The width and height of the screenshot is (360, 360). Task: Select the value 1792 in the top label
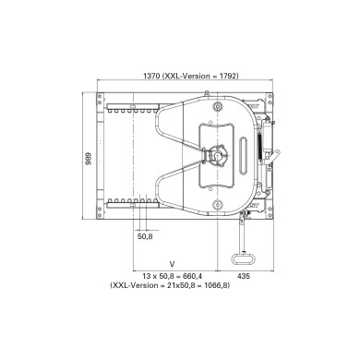(x=230, y=78)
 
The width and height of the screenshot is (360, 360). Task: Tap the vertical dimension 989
(x=90, y=158)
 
